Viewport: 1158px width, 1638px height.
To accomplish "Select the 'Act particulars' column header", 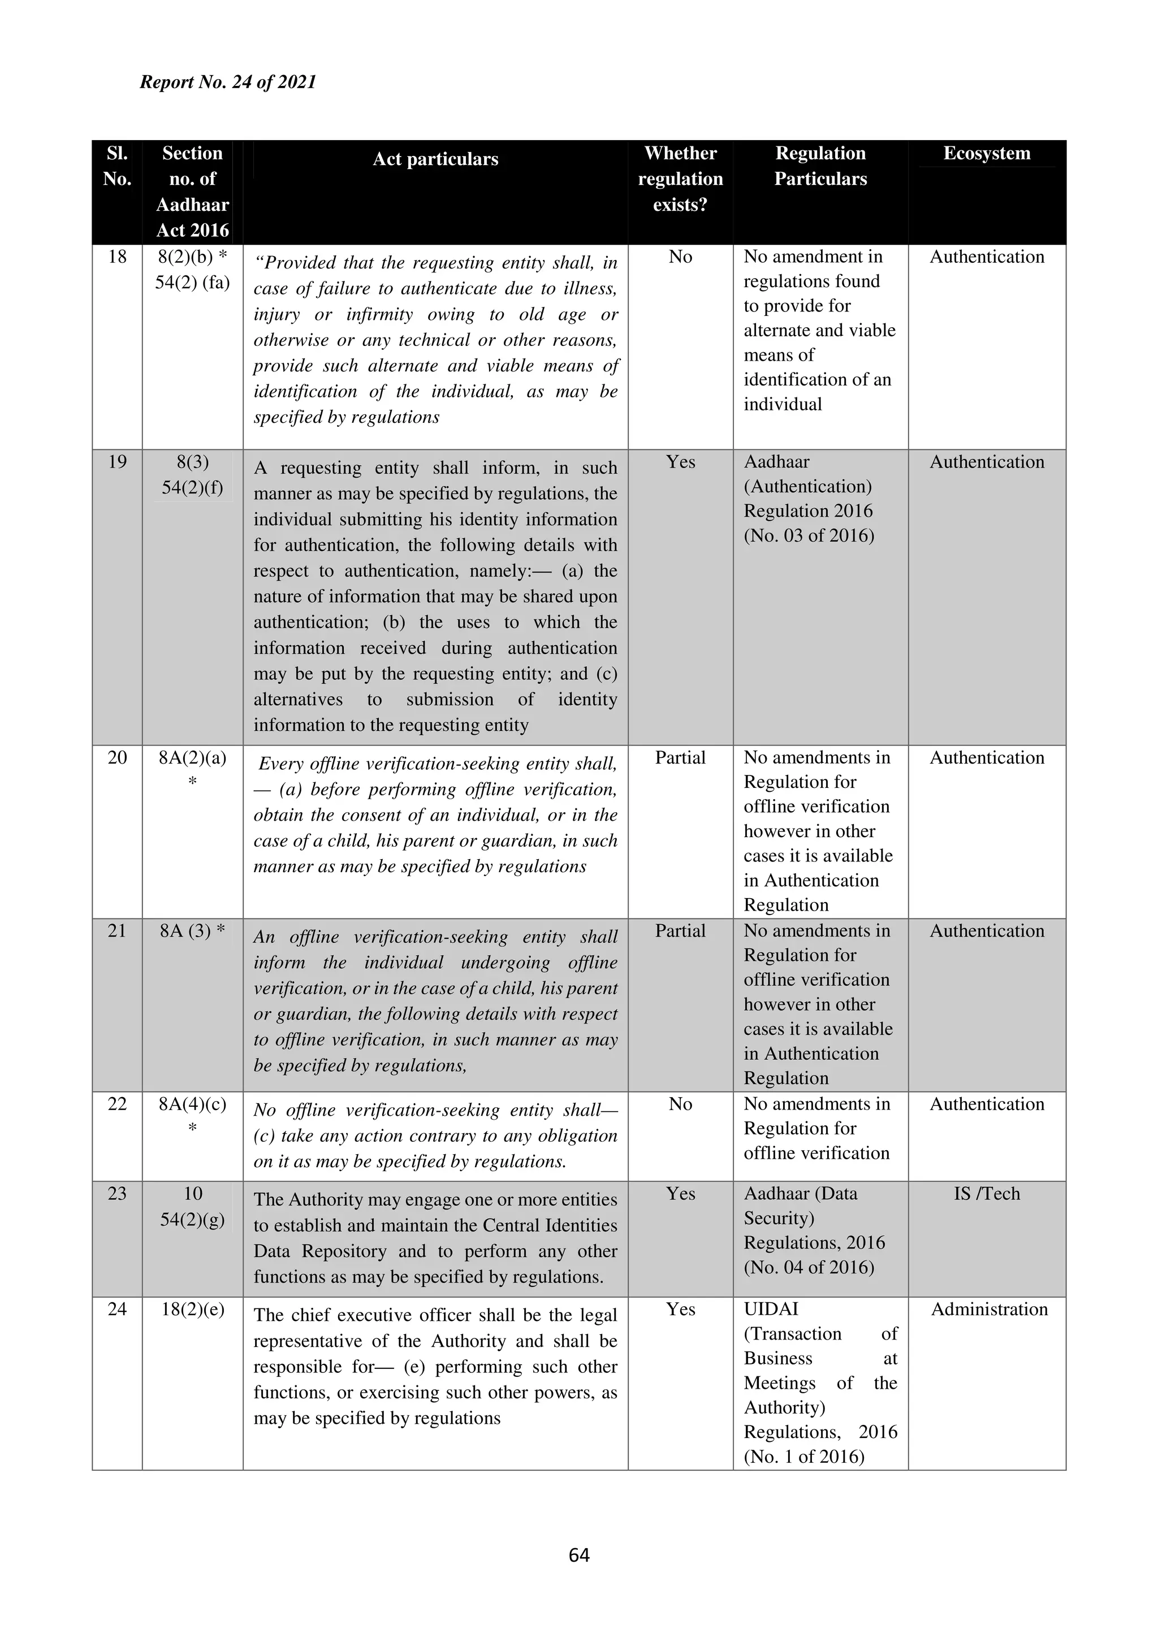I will click(435, 159).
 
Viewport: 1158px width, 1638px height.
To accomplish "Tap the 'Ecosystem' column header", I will click(987, 153).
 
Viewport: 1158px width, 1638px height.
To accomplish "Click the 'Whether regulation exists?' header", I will click(680, 179).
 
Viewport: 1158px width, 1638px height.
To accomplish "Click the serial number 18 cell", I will click(117, 257).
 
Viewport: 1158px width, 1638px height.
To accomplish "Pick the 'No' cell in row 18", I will click(680, 257).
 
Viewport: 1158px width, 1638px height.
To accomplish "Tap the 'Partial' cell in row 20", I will click(680, 757).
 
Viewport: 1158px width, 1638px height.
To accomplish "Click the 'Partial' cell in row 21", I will click(680, 931).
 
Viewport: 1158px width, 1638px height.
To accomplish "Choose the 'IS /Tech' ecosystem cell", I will click(987, 1194).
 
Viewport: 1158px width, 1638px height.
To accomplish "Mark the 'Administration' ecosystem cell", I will click(989, 1309).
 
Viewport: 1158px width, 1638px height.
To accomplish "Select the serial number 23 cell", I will click(117, 1194).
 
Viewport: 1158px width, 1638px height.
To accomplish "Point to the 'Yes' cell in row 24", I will click(680, 1309).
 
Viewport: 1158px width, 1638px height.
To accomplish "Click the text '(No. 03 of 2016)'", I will click(809, 536).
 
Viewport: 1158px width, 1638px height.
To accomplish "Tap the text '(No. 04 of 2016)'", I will click(809, 1268).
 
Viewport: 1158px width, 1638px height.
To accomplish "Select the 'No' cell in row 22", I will click(680, 1104).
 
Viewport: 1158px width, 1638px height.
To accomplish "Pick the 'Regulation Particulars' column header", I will click(820, 166).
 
